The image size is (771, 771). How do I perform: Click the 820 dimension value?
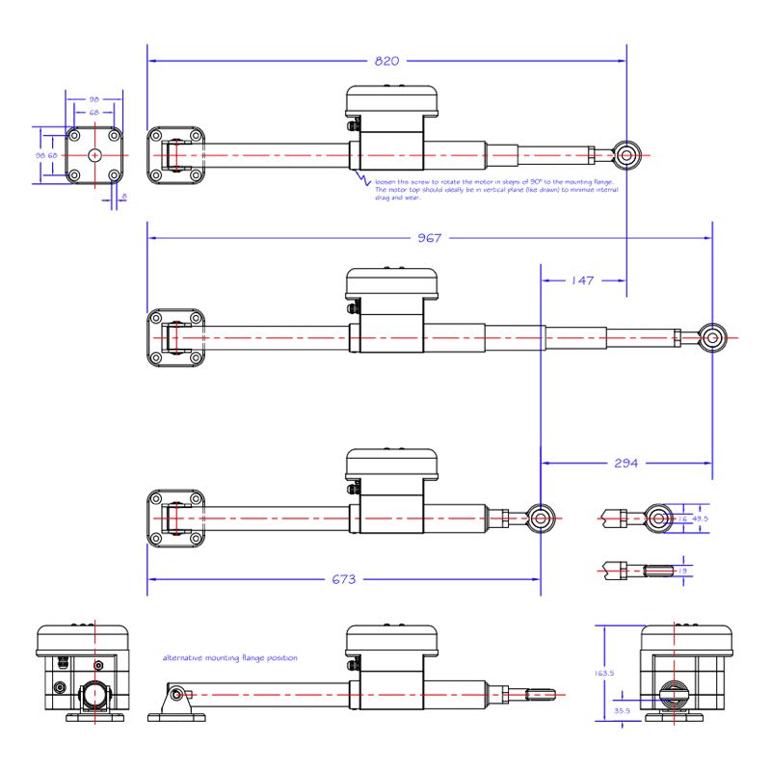385,61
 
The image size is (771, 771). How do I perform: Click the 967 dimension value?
430,238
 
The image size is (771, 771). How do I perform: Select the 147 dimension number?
581,281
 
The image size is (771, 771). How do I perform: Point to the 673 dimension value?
343,579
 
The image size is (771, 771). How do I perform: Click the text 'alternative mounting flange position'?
229,657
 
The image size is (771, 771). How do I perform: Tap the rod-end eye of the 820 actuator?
627,153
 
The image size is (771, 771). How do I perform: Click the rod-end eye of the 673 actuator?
541,518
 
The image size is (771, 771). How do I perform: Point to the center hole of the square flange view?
94,154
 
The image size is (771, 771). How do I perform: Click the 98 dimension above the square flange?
94,99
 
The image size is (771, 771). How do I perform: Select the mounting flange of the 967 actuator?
175,338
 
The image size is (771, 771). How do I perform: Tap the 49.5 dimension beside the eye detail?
700,518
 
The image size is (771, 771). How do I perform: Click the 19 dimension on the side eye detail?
683,571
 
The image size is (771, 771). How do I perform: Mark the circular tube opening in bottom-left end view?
95,695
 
